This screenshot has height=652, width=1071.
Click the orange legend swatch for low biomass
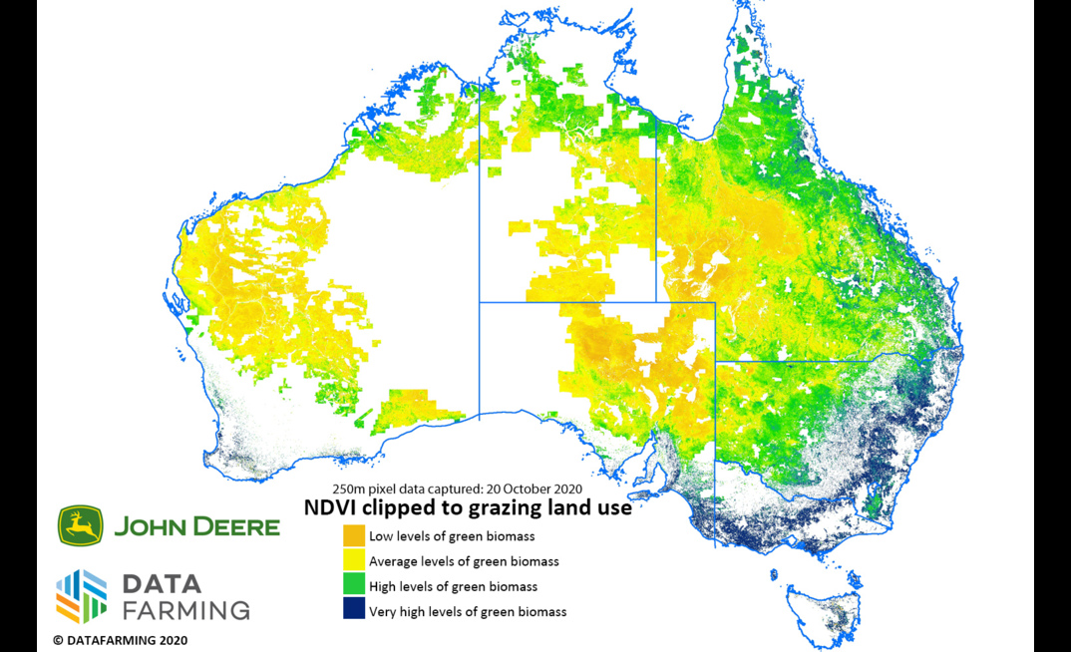[x=354, y=535]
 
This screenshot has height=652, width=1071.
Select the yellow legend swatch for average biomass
[x=354, y=560]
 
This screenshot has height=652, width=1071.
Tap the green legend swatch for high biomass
[x=354, y=585]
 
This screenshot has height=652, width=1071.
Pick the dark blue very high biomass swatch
[x=354, y=610]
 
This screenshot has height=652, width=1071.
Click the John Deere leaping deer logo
[x=80, y=525]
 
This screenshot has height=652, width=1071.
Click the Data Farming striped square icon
[x=82, y=596]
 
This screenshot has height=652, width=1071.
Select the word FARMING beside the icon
[x=184, y=609]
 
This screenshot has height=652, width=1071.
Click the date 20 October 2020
[x=530, y=489]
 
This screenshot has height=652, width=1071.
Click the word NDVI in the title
[x=331, y=508]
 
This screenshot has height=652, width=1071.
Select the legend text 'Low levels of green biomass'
[x=452, y=536]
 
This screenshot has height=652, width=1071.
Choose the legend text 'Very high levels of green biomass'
[x=467, y=611]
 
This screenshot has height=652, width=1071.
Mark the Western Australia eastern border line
[x=480, y=249]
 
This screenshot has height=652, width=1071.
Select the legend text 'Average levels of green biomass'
[x=464, y=561]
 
